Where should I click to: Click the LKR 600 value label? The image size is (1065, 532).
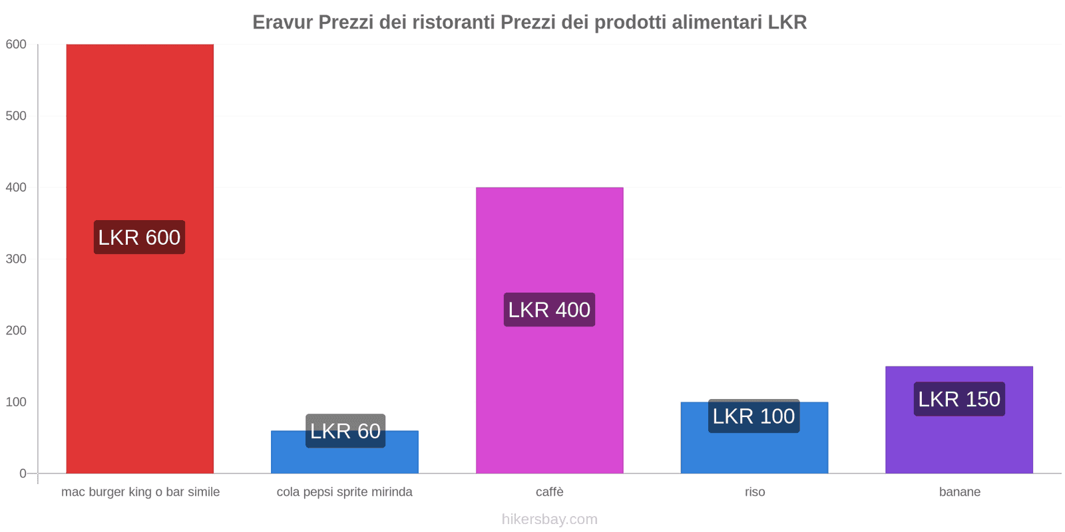coord(139,237)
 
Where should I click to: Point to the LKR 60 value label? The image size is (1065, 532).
coord(345,431)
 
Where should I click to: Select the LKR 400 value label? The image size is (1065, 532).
coord(549,310)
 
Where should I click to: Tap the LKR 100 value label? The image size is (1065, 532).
coord(753,416)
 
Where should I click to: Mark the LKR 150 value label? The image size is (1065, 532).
coord(958,399)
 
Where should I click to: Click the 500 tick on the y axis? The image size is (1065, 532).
coord(16,116)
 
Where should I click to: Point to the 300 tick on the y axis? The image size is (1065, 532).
coord(16,259)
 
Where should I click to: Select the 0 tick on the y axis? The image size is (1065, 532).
coord(23,473)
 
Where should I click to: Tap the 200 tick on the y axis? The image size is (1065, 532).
coord(16,331)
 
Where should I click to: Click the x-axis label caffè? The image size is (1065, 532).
coord(549,492)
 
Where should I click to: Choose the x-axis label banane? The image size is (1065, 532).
coord(959,492)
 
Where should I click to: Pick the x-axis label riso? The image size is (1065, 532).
coord(754,492)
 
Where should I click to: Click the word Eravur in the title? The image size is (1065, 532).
coord(282,23)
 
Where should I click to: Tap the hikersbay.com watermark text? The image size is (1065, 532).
coord(549,519)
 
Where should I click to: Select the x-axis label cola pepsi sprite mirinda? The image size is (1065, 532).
coord(344,492)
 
